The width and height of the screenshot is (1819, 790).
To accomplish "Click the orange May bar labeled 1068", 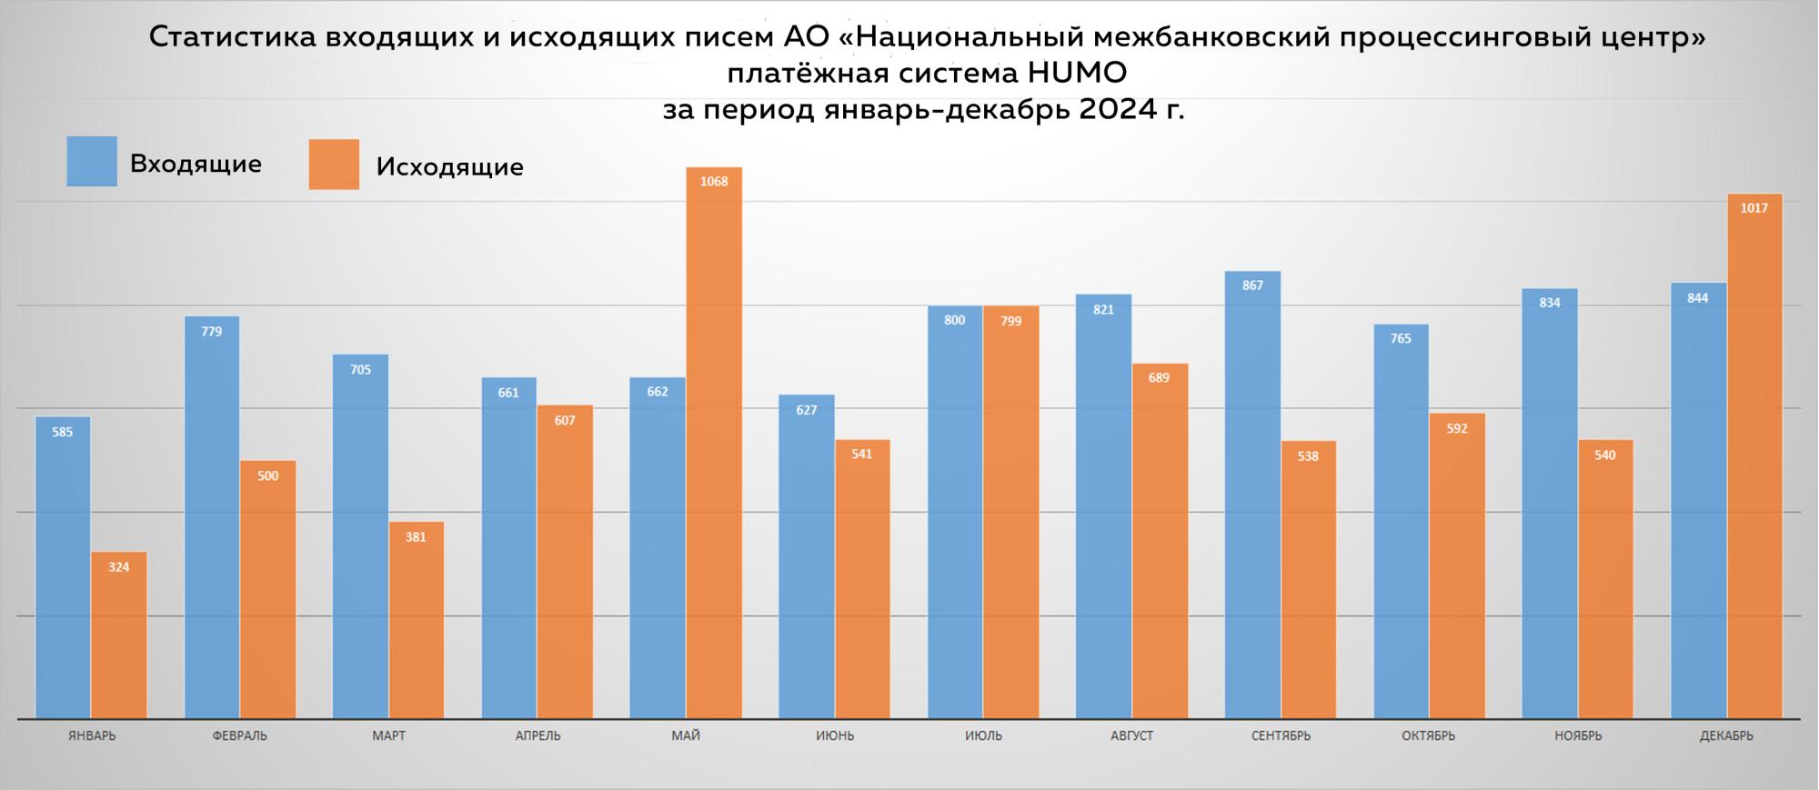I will [714, 445].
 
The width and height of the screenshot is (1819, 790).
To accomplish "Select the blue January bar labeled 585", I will [63, 568].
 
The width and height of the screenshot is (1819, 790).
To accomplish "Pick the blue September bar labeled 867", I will [1252, 495].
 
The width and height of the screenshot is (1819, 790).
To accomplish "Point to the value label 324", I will [118, 567].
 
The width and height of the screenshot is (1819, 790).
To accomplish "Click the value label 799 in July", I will [1010, 321].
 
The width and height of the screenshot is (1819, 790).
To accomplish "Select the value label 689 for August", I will [1159, 378].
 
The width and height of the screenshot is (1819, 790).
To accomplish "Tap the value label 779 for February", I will [211, 332].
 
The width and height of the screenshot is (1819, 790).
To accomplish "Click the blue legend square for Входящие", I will [92, 162].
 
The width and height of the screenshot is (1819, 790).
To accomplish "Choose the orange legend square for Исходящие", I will [334, 165].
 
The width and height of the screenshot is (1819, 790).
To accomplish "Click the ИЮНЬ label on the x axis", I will [835, 735].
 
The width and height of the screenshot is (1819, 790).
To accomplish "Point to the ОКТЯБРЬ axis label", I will [1428, 735].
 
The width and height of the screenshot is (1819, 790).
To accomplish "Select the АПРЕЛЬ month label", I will [538, 735].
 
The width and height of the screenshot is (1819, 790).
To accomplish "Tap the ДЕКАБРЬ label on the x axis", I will [1725, 735].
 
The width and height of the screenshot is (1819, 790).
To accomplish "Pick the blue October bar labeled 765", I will [1401, 523].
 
